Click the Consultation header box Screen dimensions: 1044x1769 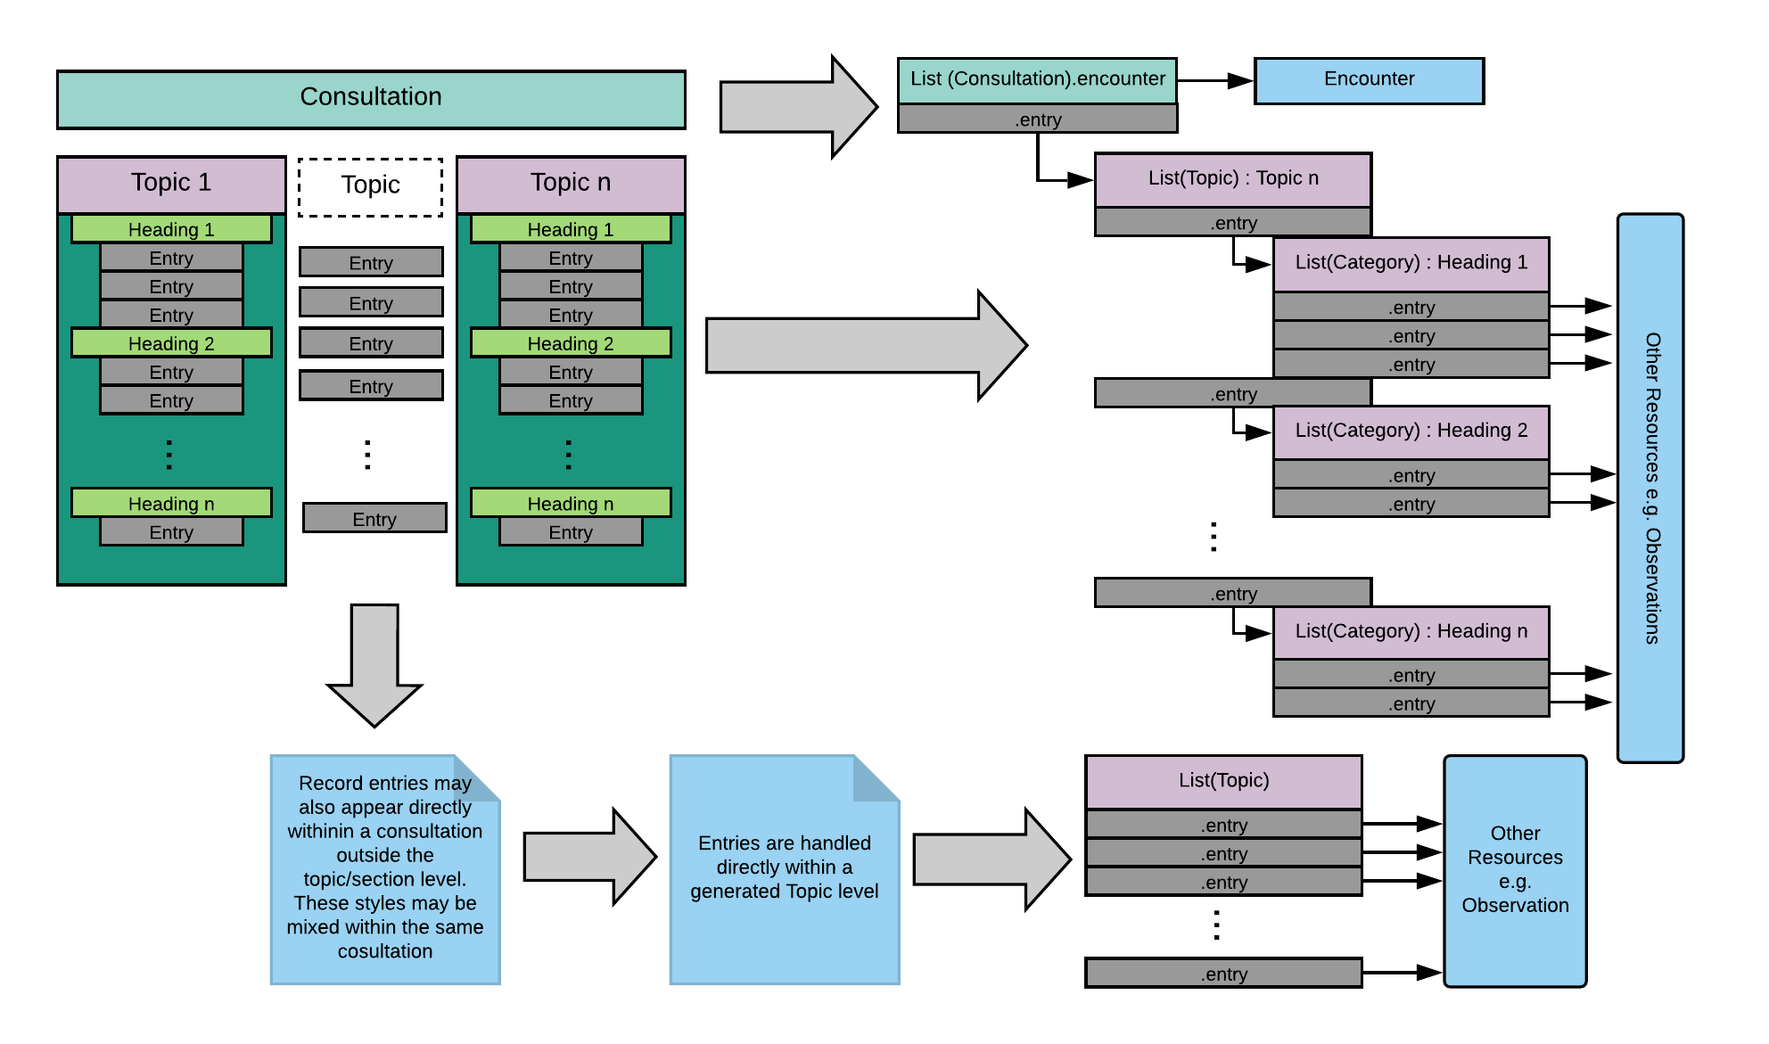click(x=371, y=98)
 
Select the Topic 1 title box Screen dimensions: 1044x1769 click(x=171, y=184)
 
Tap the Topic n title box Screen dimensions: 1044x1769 click(x=571, y=184)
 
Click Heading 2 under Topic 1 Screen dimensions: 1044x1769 click(x=171, y=343)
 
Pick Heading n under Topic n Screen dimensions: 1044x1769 click(x=571, y=504)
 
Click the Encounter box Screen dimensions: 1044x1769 click(x=1369, y=80)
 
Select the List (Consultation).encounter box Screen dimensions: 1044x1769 click(x=1037, y=80)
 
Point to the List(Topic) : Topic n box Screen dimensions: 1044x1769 click(x=1232, y=179)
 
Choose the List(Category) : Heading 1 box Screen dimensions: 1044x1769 click(x=1411, y=263)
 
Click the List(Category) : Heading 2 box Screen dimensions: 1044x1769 click(x=1411, y=432)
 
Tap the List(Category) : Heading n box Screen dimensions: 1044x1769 click(x=1411, y=632)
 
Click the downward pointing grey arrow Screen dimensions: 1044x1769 click(x=374, y=664)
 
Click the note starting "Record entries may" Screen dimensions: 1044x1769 click(x=385, y=869)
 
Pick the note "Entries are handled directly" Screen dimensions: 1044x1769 click(x=785, y=869)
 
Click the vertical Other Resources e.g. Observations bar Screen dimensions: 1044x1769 click(x=1650, y=488)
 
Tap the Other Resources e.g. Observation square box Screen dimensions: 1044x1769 click(x=1515, y=870)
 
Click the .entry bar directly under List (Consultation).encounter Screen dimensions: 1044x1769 click(x=1037, y=119)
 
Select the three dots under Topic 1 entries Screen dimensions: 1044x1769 click(x=169, y=455)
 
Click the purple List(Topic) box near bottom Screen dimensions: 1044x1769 click(x=1223, y=781)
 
